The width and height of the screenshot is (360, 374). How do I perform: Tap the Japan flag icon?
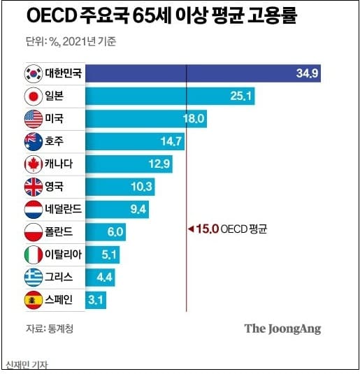pyautogui.click(x=33, y=96)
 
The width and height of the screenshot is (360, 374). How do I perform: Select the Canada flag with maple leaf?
pyautogui.click(x=33, y=165)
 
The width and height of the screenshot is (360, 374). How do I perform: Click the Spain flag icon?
pyautogui.click(x=33, y=301)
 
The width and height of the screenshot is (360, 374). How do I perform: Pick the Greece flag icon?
pyautogui.click(x=33, y=278)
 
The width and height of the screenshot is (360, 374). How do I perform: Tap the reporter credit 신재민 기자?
pyautogui.click(x=30, y=365)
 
